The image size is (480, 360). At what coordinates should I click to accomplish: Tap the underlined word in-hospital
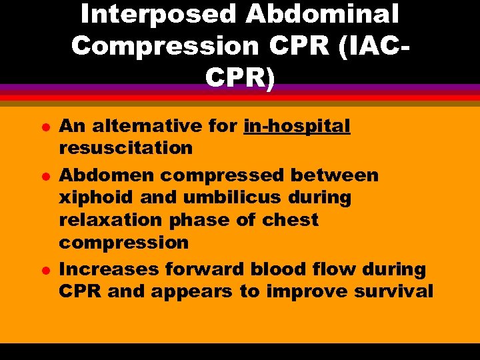click(x=297, y=126)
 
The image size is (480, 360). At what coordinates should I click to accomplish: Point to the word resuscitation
click(x=126, y=148)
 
